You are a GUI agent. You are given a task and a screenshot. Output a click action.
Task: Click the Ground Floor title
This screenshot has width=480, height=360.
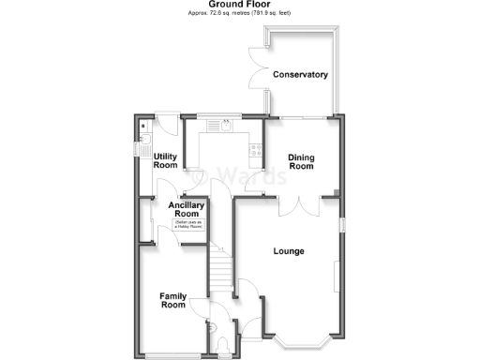click(239, 5)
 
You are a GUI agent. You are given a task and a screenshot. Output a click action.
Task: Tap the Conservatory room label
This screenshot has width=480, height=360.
click(299, 74)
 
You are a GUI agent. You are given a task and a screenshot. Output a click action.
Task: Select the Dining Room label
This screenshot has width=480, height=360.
click(300, 161)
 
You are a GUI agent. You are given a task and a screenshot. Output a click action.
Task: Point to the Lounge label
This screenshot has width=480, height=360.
click(288, 250)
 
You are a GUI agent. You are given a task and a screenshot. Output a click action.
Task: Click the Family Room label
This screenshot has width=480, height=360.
click(172, 299)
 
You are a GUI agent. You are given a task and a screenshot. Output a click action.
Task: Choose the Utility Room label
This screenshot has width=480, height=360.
click(166, 160)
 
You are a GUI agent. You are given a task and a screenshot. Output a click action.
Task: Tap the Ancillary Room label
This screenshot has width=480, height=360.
click(186, 209)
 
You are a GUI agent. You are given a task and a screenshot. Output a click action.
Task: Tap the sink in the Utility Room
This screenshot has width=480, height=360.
click(143, 147)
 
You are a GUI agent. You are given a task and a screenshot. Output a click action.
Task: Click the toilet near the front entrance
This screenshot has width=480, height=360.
click(214, 326)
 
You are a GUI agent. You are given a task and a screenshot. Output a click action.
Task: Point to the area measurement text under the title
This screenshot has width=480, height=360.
click(239, 16)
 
